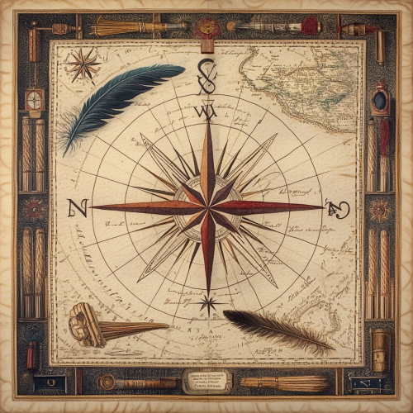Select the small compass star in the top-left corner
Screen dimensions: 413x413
[82, 64]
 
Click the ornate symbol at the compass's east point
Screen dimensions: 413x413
[337, 208]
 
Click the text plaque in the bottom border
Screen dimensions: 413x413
[206, 381]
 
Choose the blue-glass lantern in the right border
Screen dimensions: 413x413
[379, 101]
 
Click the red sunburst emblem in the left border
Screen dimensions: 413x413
[34, 209]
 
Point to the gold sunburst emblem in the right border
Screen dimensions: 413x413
[381, 209]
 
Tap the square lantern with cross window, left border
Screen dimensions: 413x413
[34, 102]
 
